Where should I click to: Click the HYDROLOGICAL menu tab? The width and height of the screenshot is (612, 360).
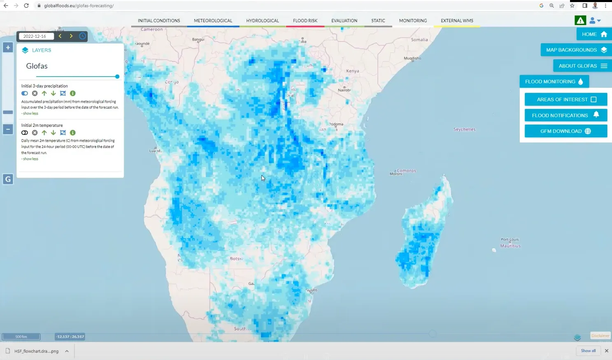pos(263,21)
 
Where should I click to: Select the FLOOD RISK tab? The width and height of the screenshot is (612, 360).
pos(305,21)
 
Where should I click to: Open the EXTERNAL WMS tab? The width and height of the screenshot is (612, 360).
pos(457,21)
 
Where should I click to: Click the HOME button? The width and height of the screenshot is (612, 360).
pos(594,34)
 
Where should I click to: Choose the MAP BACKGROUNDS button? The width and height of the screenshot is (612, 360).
pos(576,50)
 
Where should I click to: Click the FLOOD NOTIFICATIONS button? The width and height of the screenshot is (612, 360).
pos(565,115)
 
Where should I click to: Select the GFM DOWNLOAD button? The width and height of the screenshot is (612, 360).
pos(565,131)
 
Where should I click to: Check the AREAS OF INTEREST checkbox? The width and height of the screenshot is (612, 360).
pos(593,99)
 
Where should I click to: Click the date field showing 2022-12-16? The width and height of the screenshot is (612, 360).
pos(36,36)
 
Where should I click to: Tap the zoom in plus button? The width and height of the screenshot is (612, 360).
pos(8,48)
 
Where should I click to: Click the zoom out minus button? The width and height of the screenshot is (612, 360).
pos(8,129)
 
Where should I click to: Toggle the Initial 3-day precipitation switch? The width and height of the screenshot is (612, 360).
pos(25,94)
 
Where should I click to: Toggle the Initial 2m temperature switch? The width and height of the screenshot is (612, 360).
pos(25,133)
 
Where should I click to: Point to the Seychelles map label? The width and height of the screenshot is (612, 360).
pos(464,129)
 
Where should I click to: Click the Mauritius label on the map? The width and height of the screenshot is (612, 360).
pos(510,246)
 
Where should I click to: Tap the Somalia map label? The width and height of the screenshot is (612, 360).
pos(419,40)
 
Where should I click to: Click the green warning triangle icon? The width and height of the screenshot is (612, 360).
pos(580,20)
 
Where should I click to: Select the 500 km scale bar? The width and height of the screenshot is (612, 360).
pos(21,337)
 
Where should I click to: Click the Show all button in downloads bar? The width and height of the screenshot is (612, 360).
pos(588,351)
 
